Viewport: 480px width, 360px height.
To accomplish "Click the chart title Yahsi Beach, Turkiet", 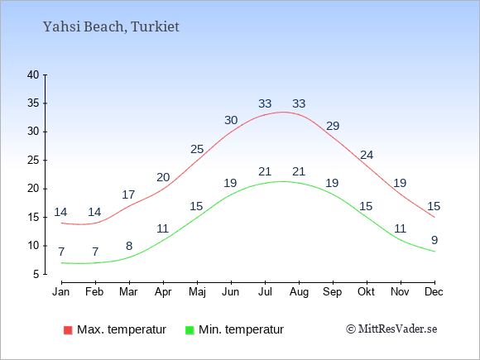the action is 111,27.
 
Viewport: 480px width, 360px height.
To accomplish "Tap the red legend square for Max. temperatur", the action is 68,330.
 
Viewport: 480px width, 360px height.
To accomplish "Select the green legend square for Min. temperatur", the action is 190,330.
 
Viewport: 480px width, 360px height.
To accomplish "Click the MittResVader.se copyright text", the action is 391,329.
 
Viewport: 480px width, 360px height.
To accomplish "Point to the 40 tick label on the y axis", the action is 33,74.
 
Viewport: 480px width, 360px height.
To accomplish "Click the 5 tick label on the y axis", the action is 36,274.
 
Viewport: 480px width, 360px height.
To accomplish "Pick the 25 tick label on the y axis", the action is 33,160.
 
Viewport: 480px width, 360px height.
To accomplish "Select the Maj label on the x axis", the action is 197,292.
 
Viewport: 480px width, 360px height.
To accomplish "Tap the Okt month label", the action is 366,292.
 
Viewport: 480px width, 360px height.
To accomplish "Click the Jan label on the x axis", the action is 61,292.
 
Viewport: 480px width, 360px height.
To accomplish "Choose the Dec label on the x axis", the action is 434,292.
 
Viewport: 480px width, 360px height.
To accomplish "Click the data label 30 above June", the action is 231,120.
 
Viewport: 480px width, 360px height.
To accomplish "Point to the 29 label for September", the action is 333,126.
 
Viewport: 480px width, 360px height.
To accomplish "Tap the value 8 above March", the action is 129,246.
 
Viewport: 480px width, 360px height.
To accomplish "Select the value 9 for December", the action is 434,240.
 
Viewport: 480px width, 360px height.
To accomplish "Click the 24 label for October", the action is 367,156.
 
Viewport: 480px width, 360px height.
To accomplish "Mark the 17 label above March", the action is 128,194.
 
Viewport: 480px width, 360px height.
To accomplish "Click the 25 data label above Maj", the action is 197,150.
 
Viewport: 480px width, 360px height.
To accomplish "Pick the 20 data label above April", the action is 163,177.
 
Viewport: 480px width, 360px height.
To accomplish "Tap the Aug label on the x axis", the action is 299,292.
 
